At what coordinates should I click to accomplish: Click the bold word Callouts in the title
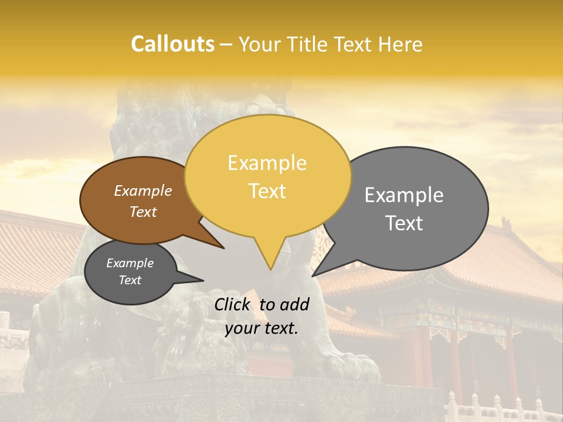tap(172, 44)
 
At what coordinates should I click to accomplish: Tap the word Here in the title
tap(401, 45)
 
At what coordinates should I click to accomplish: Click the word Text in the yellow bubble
tap(267, 190)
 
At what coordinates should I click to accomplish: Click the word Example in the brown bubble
tap(143, 190)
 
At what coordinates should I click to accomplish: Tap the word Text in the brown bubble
tap(143, 212)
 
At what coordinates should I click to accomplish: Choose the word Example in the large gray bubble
tap(404, 195)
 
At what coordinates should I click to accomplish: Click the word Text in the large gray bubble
tap(404, 223)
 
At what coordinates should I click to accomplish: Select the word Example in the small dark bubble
tap(130, 263)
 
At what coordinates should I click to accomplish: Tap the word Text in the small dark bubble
tap(130, 280)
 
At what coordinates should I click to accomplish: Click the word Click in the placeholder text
tap(233, 304)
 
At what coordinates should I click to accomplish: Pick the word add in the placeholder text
tap(295, 304)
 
